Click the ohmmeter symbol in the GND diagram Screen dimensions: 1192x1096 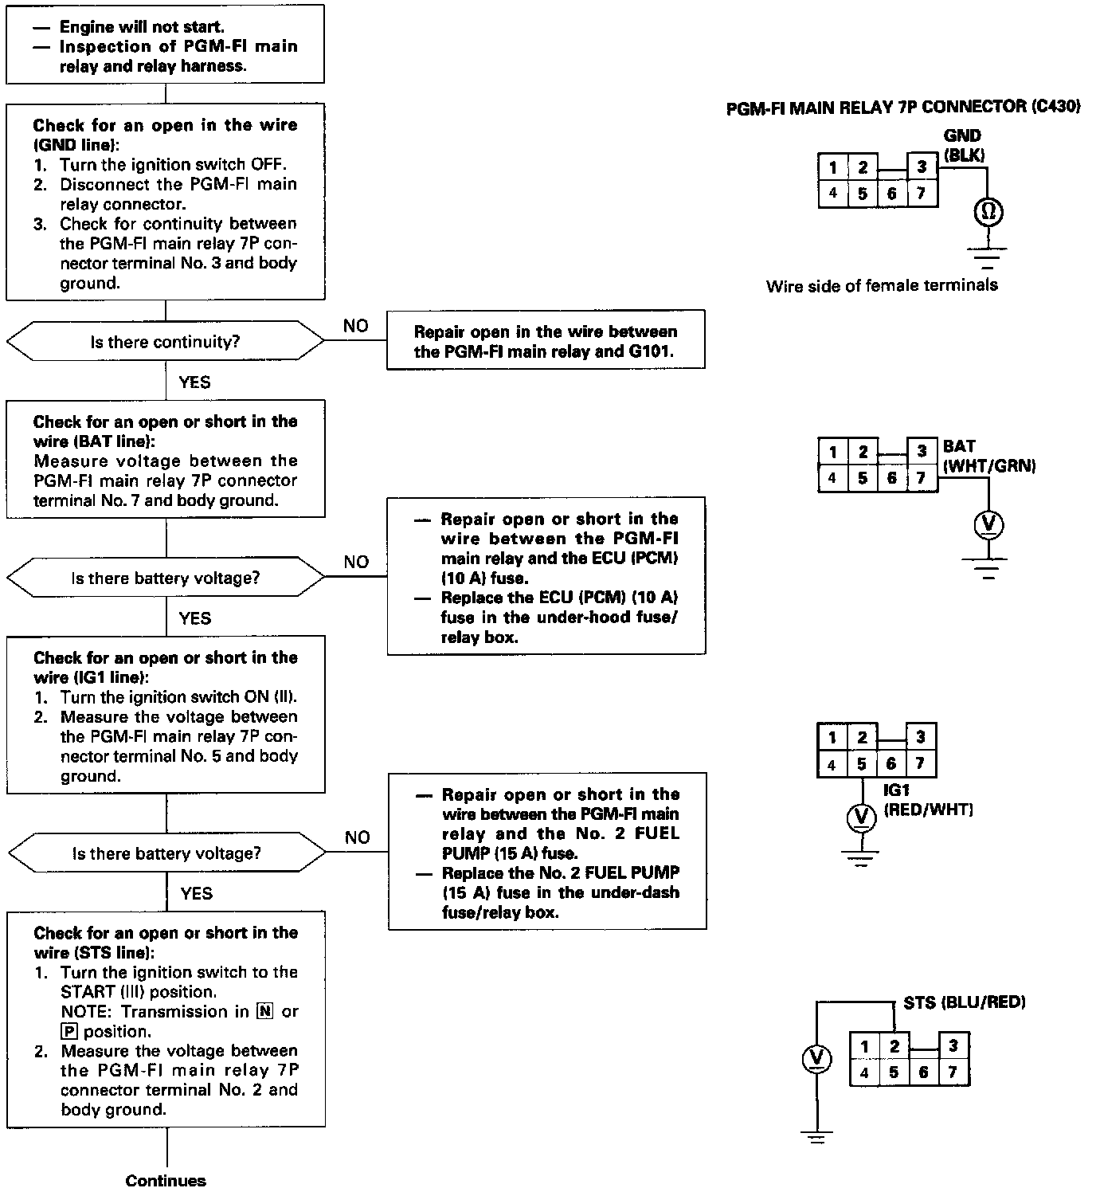point(988,212)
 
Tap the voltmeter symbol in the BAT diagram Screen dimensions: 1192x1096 point(988,524)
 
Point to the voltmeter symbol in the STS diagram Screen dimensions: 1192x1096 point(816,1058)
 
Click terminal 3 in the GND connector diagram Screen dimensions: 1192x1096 point(922,167)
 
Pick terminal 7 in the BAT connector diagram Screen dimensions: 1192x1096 point(921,478)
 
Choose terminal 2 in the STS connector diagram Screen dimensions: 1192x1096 point(894,1045)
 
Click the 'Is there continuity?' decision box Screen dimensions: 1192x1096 point(165,342)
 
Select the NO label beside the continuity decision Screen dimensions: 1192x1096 point(355,326)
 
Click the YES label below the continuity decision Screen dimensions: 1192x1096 point(194,382)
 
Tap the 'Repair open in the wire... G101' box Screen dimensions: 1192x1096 point(546,341)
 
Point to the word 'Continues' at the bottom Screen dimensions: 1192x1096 point(166,1181)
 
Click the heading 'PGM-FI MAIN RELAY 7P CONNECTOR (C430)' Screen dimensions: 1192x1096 point(903,108)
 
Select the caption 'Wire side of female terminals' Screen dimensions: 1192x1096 point(882,285)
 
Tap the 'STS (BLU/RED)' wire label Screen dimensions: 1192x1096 point(964,1002)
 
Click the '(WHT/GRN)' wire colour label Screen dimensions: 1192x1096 point(989,466)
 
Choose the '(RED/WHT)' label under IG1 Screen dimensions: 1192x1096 point(928,810)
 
